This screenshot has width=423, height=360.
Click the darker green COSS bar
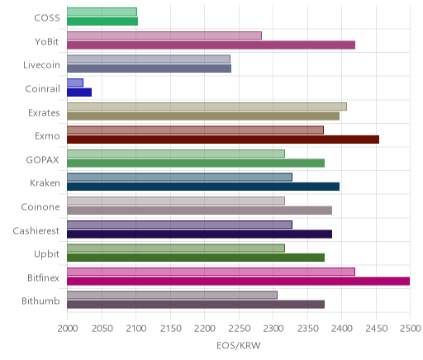coord(102,21)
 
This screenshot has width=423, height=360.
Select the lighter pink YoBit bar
coord(164,36)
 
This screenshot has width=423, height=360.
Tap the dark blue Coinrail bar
coord(79,92)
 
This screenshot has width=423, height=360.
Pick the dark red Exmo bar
coord(223,140)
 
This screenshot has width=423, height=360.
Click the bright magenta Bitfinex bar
coord(239,282)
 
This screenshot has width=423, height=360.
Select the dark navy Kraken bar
coord(203,187)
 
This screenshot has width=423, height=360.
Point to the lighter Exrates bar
coord(207,107)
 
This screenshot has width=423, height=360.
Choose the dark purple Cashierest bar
coord(199,234)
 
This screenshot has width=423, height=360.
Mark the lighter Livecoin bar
coord(149,59)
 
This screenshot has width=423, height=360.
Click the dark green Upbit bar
coord(196,258)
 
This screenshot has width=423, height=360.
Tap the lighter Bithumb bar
coord(172,296)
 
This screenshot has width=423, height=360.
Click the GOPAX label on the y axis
coord(42,160)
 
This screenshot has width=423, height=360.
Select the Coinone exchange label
coord(40,206)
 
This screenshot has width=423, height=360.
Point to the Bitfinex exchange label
coord(43,277)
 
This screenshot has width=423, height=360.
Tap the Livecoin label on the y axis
coord(41,65)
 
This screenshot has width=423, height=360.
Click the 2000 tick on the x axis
coord(68,329)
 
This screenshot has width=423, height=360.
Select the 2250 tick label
coord(239,329)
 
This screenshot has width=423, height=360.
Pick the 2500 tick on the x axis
coord(411,329)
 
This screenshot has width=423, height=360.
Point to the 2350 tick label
coord(307,329)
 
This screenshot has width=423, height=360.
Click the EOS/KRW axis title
coord(239,345)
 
